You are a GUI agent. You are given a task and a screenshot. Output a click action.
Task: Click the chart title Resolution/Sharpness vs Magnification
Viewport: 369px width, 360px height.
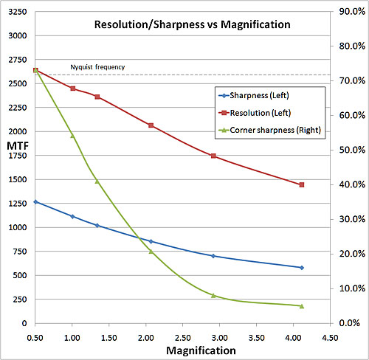click(192, 24)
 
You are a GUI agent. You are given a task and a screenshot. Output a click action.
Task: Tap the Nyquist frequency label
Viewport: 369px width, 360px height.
click(97, 68)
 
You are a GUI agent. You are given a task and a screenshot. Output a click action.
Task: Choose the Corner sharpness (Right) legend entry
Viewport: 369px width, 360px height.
click(266, 131)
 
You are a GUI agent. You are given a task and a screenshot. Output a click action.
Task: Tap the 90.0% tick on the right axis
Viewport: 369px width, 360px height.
click(348, 12)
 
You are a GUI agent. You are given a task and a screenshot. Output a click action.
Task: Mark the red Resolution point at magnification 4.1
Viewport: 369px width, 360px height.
click(302, 184)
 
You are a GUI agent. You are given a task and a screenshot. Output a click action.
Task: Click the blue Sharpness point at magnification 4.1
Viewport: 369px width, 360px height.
click(302, 268)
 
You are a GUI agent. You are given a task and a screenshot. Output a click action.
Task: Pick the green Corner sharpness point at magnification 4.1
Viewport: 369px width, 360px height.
click(302, 305)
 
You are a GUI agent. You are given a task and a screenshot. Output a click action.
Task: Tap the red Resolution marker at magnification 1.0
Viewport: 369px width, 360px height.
click(72, 89)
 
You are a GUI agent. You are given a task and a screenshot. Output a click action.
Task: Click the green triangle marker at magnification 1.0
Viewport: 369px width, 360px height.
click(72, 136)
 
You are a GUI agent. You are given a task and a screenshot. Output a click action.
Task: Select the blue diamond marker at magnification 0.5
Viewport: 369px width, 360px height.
click(35, 201)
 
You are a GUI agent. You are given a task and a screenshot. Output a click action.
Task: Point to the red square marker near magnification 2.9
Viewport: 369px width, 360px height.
click(213, 156)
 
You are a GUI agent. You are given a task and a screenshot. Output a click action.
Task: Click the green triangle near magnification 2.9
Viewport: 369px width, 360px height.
click(213, 295)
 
